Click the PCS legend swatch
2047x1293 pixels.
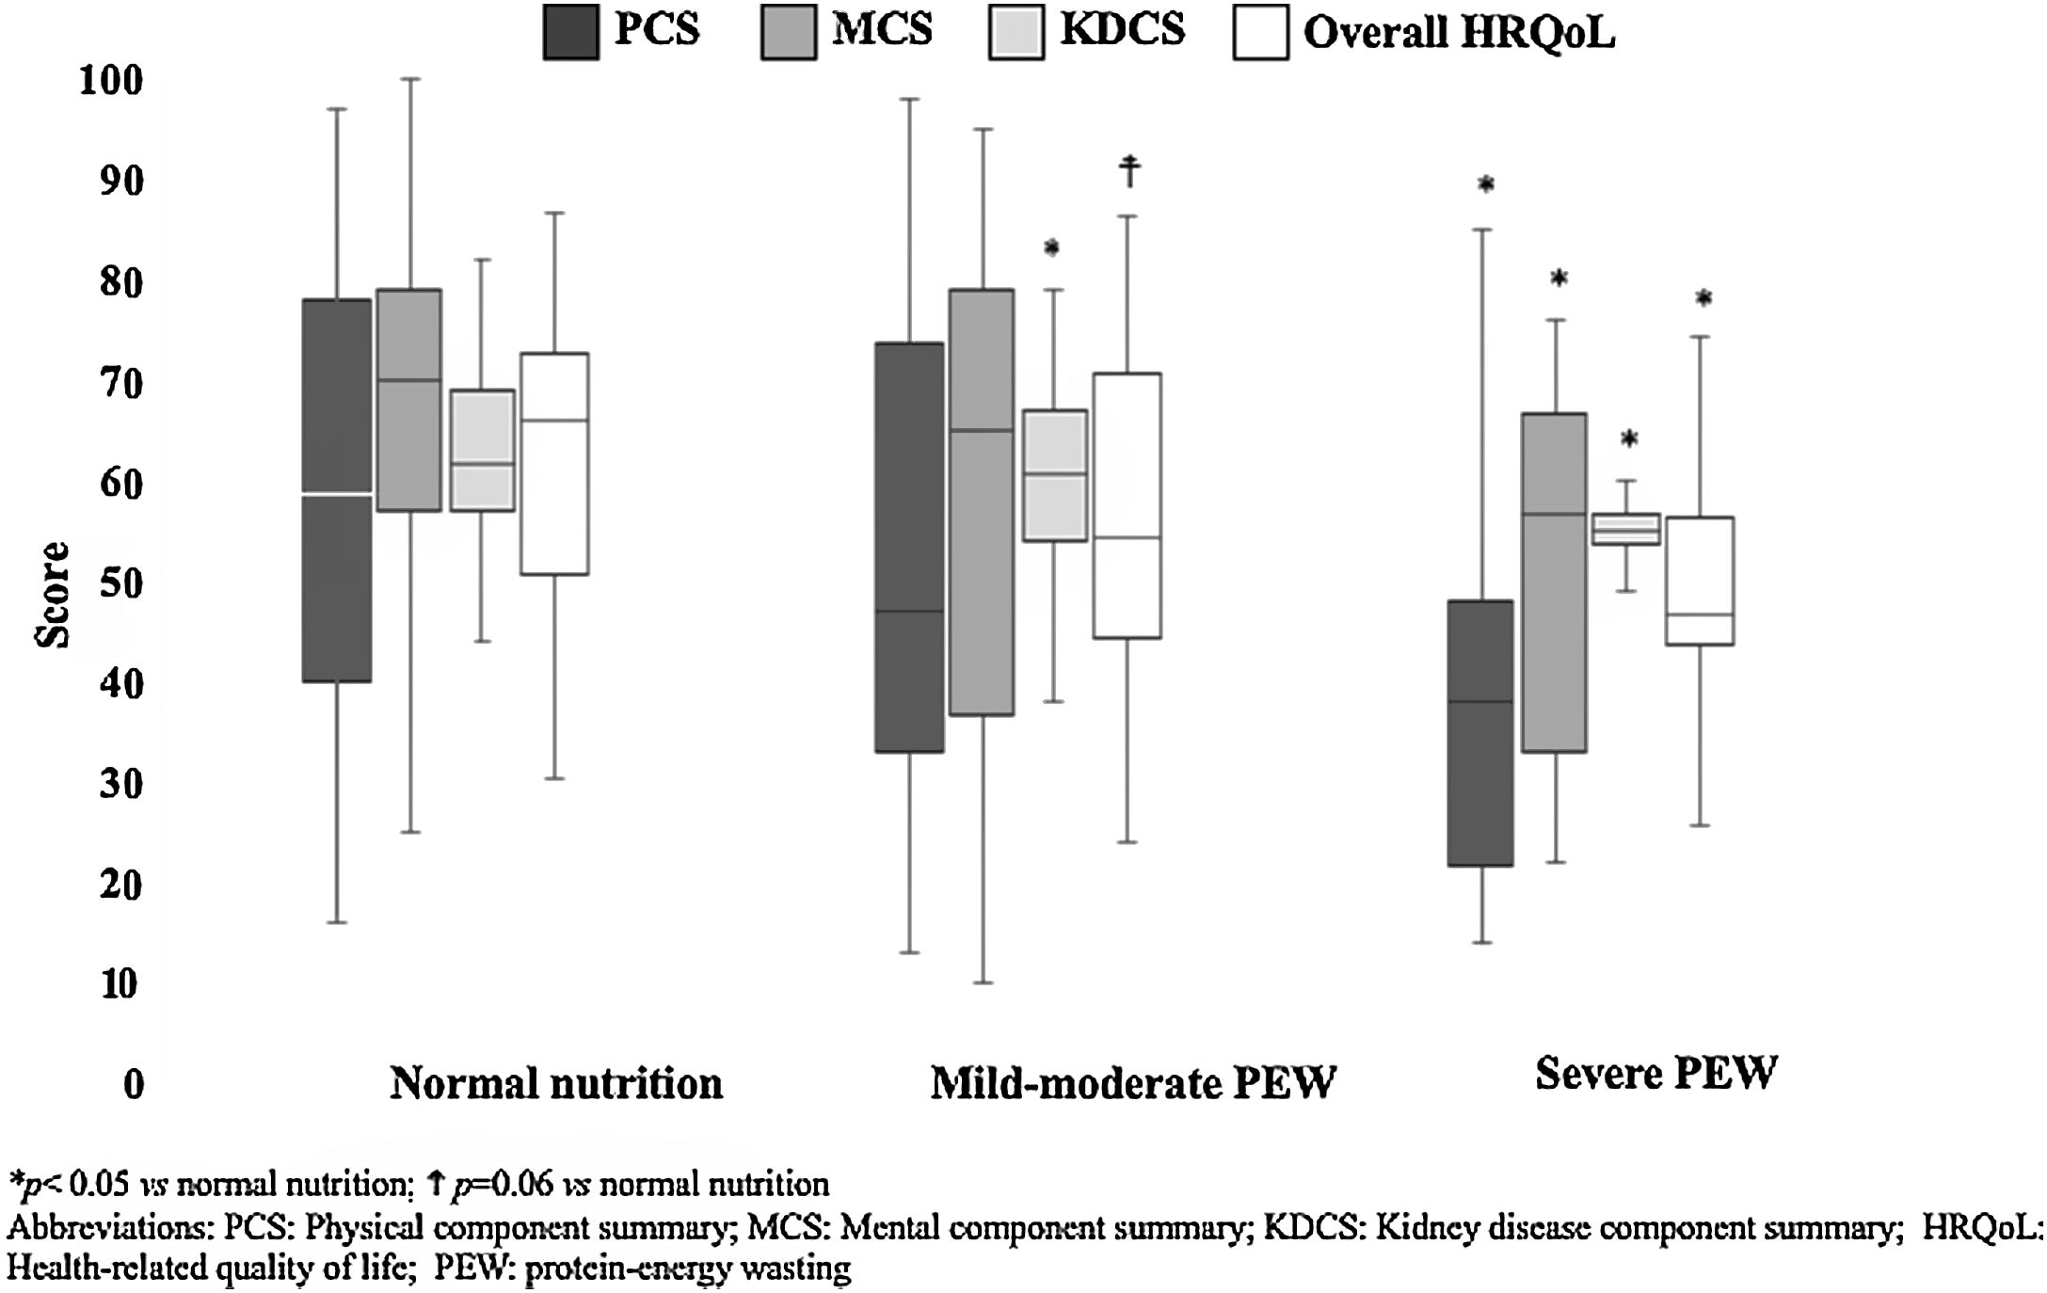(570, 33)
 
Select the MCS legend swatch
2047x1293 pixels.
(789, 33)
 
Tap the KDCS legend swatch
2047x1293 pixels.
(1016, 33)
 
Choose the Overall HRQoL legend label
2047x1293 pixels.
(1458, 33)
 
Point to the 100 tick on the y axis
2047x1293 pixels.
(112, 81)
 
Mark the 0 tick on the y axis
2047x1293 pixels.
(134, 1084)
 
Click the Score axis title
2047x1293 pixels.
(53, 595)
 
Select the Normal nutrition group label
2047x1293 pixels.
(556, 1084)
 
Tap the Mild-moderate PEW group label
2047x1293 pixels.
(1133, 1084)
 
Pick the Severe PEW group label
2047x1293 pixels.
(1655, 1073)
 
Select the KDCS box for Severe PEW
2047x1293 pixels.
(1624, 529)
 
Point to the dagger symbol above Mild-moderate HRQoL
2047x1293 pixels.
(1129, 171)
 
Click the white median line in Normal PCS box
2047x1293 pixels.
(336, 493)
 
